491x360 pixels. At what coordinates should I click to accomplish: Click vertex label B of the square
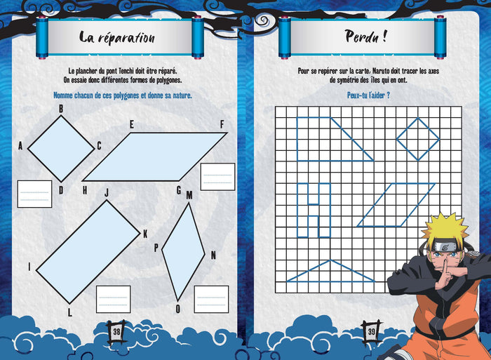[61, 109]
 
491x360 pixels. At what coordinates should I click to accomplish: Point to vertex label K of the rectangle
[145, 234]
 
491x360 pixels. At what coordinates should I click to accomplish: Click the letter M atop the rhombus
[189, 195]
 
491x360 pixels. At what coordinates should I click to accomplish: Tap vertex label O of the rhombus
[178, 308]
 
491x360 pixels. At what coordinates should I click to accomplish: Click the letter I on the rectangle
[29, 267]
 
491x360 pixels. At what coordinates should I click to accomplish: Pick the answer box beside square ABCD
[34, 194]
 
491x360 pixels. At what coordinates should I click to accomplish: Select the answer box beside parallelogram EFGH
[217, 176]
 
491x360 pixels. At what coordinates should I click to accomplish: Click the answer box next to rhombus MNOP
[211, 299]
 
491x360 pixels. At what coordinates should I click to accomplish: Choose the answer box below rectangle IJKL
[113, 299]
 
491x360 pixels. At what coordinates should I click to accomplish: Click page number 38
[117, 329]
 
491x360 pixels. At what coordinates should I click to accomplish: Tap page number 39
[370, 329]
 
